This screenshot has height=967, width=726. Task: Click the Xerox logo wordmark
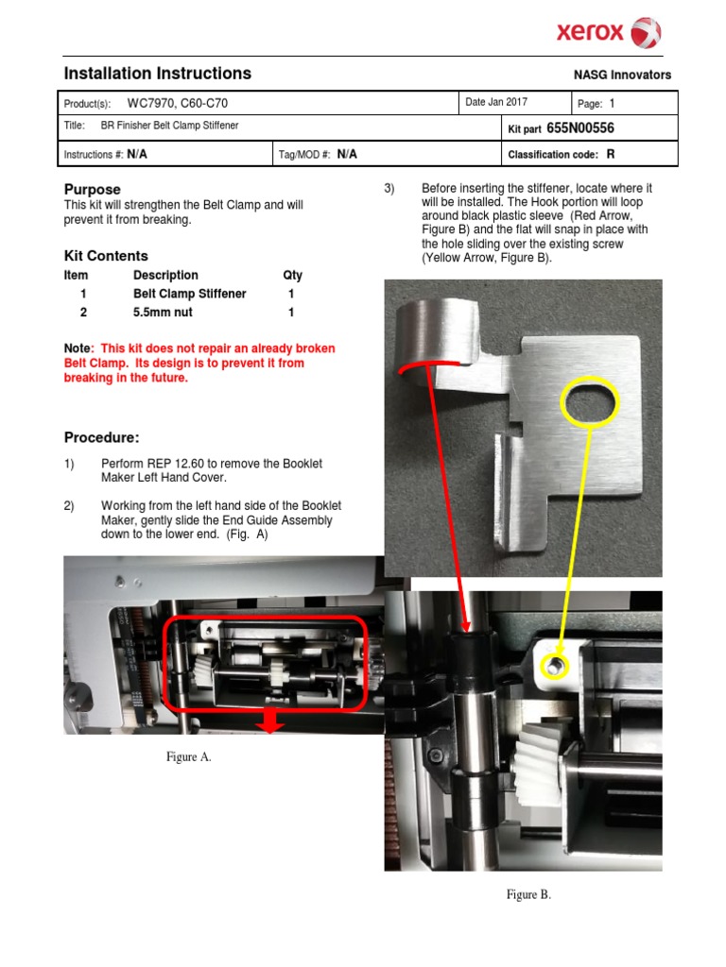(x=590, y=33)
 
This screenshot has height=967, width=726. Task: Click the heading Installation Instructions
(x=157, y=74)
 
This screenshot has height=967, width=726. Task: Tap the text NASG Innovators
(x=622, y=76)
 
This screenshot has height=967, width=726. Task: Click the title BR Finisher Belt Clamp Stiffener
(x=169, y=126)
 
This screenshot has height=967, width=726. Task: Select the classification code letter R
(x=611, y=153)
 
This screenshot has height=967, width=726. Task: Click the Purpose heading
(x=92, y=189)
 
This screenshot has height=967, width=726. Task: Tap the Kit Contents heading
(x=106, y=256)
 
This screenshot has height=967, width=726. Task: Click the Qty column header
(x=292, y=275)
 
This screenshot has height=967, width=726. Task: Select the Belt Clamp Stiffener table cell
(x=189, y=294)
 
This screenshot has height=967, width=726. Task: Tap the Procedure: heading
(x=101, y=437)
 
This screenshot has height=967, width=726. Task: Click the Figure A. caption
(x=188, y=756)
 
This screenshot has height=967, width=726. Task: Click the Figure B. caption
(x=528, y=894)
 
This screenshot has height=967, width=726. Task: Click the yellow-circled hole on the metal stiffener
(x=590, y=403)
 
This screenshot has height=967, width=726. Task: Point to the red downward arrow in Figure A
(x=270, y=722)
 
